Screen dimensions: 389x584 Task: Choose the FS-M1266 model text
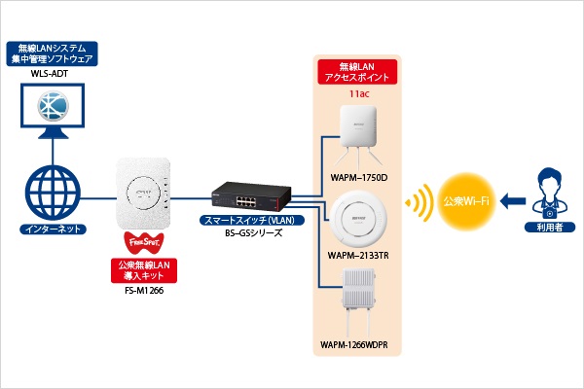tap(144, 288)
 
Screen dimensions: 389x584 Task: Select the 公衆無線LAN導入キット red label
tap(144, 267)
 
